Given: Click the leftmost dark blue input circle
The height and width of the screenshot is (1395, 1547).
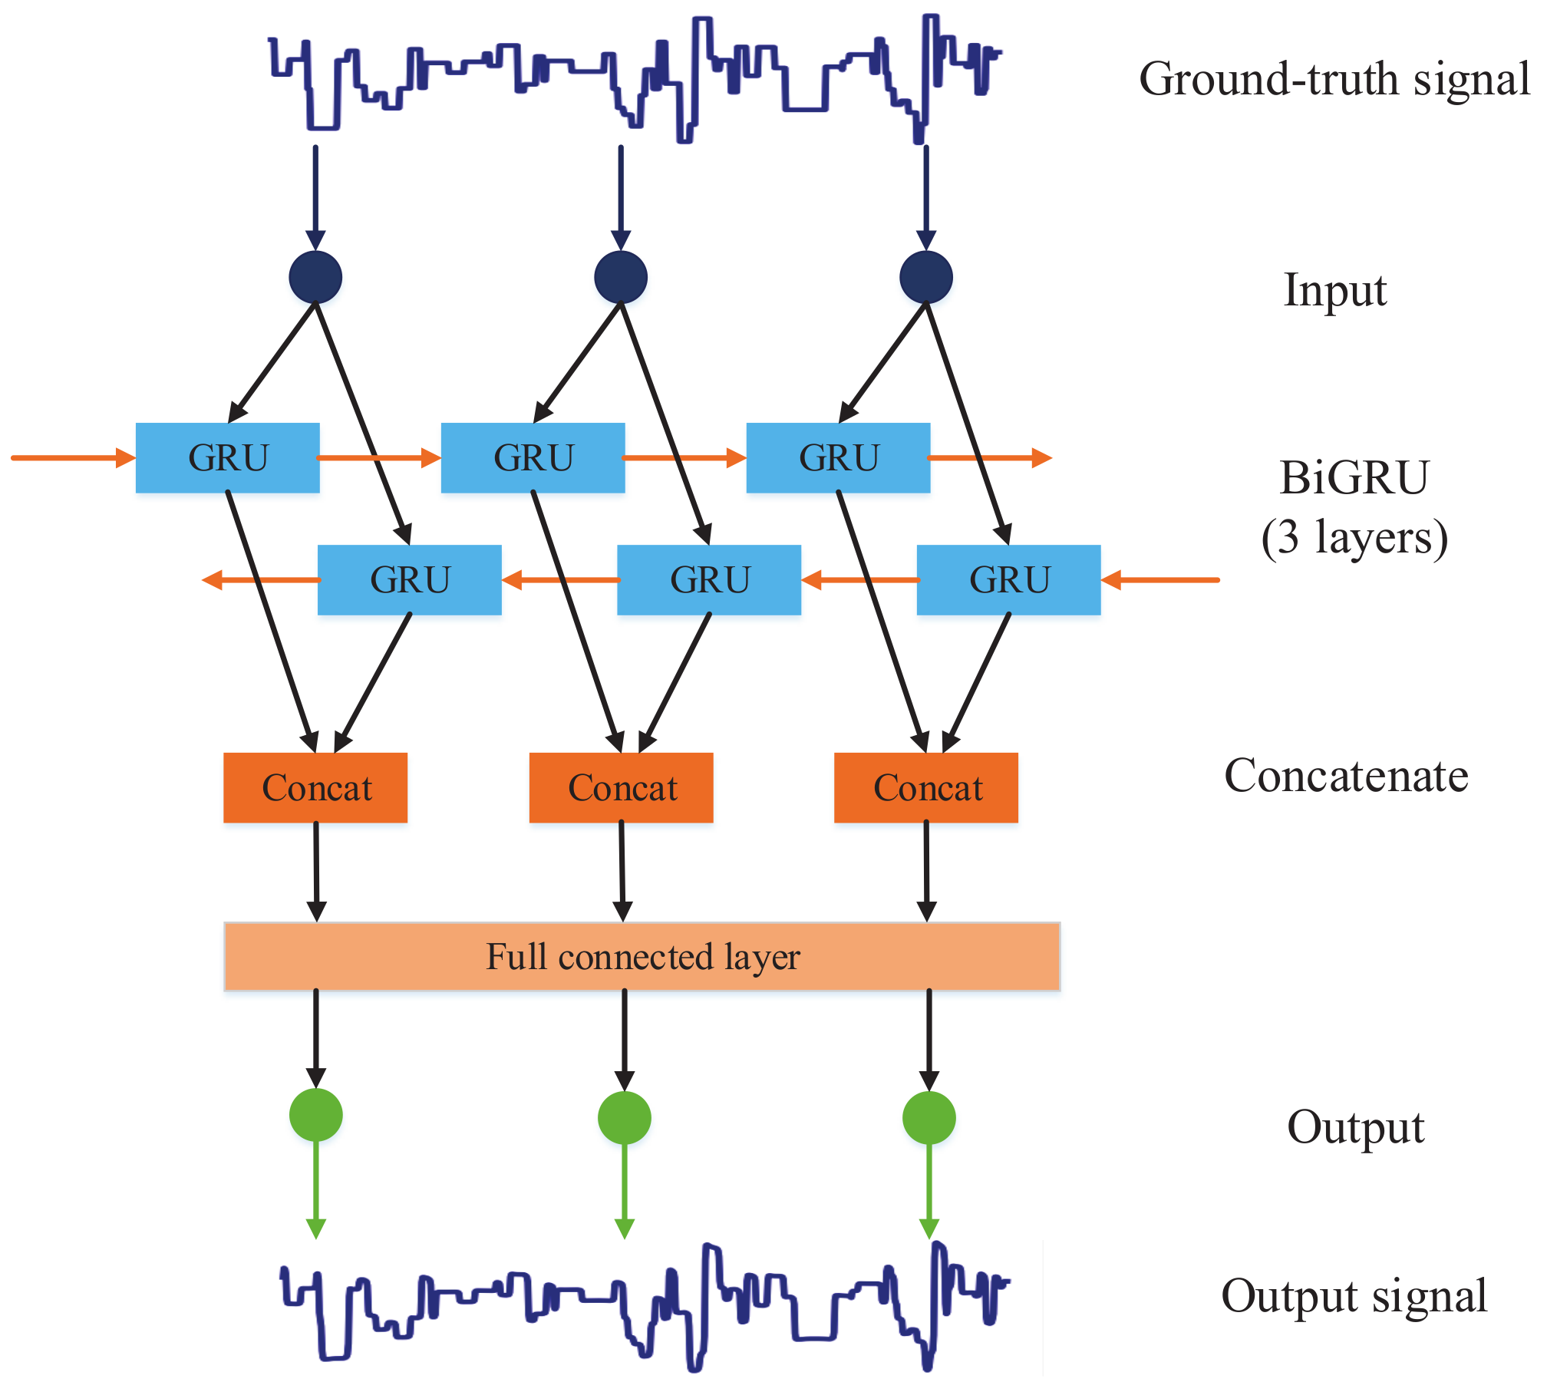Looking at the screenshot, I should [x=315, y=277].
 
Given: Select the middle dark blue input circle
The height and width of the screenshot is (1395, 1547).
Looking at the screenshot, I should [x=621, y=277].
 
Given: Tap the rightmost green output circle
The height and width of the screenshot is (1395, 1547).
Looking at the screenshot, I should [x=929, y=1117].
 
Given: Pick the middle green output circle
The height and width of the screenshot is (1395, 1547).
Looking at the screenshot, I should [x=624, y=1117].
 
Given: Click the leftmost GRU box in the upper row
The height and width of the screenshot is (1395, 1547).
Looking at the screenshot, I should [x=228, y=458].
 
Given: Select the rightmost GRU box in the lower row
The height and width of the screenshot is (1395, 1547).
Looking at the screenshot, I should [x=1008, y=580].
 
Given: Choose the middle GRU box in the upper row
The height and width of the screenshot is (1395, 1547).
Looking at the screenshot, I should [x=533, y=458].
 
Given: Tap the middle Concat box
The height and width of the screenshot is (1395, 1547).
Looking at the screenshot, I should [x=621, y=788].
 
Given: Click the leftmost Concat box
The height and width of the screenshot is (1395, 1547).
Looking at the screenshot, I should [x=315, y=788].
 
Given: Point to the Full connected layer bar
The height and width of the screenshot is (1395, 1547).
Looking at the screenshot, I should [x=642, y=957].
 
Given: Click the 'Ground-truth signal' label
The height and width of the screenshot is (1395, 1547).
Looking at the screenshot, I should [x=1334, y=79].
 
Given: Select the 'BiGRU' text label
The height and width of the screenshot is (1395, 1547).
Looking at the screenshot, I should [x=1354, y=477].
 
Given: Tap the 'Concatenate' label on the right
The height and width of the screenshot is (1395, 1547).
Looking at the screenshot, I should [x=1346, y=776].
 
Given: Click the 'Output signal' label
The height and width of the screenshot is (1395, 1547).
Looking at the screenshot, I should [x=1354, y=1297].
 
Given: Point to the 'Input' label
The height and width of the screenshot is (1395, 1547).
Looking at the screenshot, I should [x=1335, y=290].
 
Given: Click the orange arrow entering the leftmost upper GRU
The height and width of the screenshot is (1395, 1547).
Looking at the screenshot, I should [x=73, y=458].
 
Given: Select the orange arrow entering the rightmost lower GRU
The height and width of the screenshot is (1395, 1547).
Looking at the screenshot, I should [x=1160, y=580].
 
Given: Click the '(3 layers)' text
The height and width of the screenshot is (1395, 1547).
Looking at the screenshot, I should [x=1354, y=537].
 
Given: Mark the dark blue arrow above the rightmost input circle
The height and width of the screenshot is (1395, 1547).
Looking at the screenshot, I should [x=926, y=196].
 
